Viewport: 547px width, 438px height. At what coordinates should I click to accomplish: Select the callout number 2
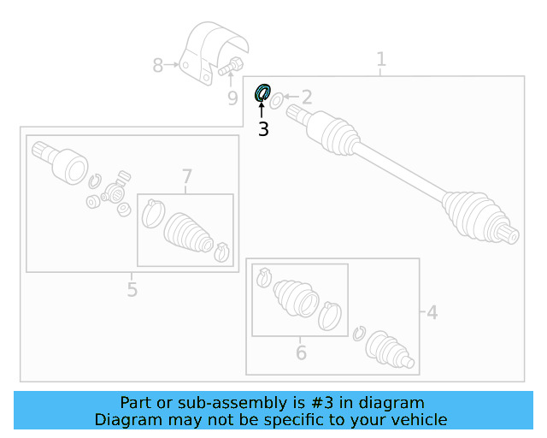coord(306,98)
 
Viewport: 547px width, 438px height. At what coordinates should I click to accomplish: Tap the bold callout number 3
coord(263,130)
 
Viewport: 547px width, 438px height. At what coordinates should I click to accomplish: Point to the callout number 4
coord(432,313)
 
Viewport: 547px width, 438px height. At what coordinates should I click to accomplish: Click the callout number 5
coord(132,289)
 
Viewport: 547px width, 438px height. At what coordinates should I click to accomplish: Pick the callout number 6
coord(301,352)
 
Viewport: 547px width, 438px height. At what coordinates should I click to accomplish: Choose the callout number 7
coord(187,177)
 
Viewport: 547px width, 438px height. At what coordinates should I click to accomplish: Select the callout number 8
coord(157,65)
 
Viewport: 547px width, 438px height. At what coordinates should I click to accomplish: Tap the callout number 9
coord(232,98)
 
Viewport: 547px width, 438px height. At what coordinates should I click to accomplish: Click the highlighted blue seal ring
coord(263,92)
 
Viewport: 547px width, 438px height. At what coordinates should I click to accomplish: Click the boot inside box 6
coord(295,299)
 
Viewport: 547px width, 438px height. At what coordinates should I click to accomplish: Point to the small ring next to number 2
coord(276,103)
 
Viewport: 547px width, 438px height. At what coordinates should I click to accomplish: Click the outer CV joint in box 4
coord(390,352)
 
